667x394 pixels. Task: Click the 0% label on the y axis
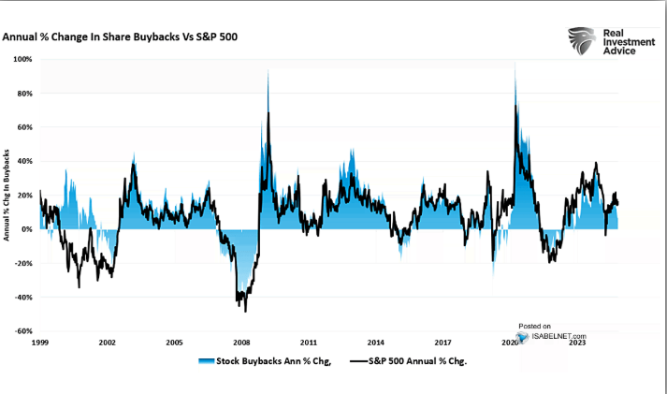click(28, 229)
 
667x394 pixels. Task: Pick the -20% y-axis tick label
click(25, 263)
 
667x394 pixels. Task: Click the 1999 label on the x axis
click(39, 343)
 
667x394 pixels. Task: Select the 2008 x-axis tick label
click(241, 343)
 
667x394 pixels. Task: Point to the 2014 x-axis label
click(376, 343)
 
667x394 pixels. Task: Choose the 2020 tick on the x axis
click(511, 343)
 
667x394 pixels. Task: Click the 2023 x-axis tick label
click(578, 343)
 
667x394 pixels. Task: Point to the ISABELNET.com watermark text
click(559, 335)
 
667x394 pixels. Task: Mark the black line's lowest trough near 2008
click(244, 311)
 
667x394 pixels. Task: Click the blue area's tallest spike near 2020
click(515, 62)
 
